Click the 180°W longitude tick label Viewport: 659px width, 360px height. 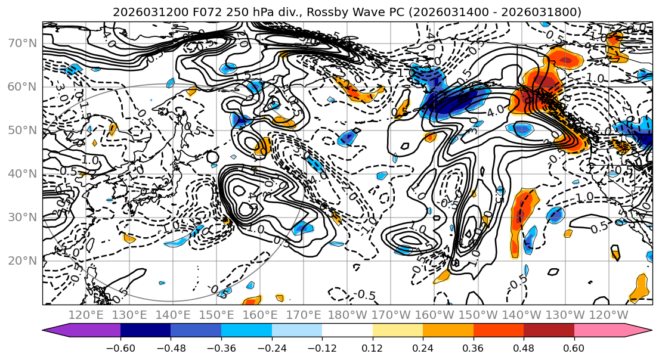[348, 315]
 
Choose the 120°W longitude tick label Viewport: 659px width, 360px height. [609, 315]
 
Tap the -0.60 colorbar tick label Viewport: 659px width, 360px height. [120, 347]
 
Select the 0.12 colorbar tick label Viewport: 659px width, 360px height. [373, 347]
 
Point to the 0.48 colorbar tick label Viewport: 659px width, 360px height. [524, 347]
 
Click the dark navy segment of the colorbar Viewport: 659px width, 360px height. [146, 331]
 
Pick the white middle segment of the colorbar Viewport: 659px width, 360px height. [347, 331]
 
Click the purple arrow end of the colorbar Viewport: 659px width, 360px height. [81, 331]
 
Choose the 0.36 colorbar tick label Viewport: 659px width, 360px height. [474, 347]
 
